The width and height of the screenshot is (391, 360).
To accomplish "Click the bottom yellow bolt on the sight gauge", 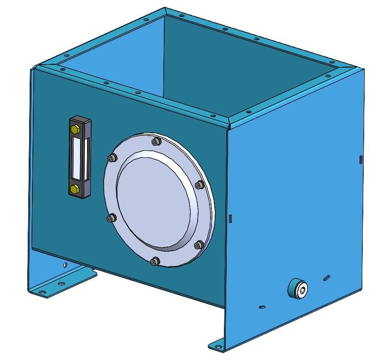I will click(74, 189).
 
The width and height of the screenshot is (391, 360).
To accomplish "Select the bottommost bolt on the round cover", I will click(155, 262).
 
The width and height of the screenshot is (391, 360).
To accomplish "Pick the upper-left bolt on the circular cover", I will click(111, 159).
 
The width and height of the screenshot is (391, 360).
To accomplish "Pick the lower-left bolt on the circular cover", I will click(111, 218).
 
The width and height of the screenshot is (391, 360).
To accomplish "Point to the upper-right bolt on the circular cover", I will click(199, 185).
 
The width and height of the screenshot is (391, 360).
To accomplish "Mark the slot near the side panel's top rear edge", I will click(360, 160).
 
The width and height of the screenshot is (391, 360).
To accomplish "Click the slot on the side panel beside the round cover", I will click(230, 217).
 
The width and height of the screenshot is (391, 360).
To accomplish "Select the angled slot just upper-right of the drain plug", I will click(327, 278).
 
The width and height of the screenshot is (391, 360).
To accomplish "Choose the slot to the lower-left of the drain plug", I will click(262, 306).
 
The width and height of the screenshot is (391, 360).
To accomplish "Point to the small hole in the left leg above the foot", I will click(65, 265).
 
